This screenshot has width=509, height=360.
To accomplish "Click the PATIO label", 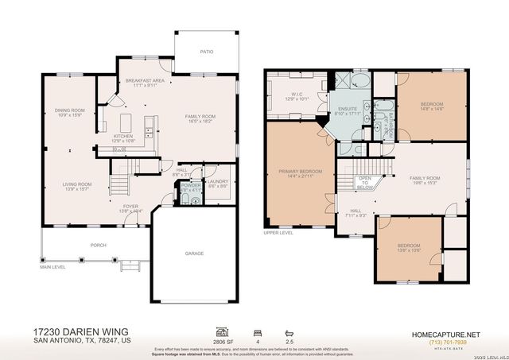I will pyautogui.click(x=207, y=52).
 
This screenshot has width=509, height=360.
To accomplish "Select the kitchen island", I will pyautogui.click(x=126, y=124).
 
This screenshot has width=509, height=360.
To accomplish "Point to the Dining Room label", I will pyautogui.click(x=69, y=112).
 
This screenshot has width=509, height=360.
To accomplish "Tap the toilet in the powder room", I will pyautogui.click(x=196, y=202).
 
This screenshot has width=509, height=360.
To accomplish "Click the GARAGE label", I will pyautogui.click(x=195, y=254).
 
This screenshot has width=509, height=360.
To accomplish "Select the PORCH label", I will pyautogui.click(x=99, y=245).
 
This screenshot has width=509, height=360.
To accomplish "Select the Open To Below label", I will pyautogui.click(x=365, y=182).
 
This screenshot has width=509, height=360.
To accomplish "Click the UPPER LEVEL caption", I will pyautogui.click(x=278, y=233).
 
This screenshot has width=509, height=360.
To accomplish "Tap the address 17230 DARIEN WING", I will pyautogui.click(x=81, y=331).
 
